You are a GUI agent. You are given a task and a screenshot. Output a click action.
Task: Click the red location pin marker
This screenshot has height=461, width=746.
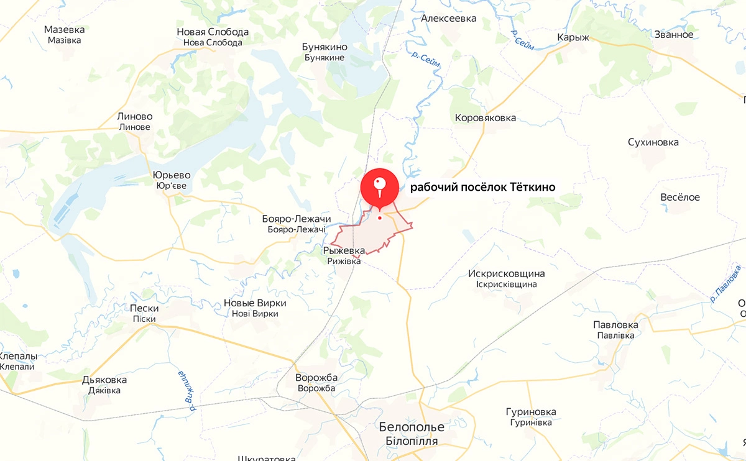pos(380,186)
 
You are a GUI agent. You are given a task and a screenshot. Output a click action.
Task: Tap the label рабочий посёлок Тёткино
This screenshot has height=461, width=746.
pos(482,187)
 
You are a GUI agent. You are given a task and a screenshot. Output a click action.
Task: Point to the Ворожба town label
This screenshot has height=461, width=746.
pos(316,378)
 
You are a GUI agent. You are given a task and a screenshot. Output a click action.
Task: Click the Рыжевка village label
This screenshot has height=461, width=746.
pos(344,250)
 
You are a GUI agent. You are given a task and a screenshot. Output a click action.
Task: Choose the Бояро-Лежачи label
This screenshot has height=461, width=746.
pos(297,219)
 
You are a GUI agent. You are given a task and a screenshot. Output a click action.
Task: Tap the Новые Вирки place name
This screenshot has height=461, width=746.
pos(255,303)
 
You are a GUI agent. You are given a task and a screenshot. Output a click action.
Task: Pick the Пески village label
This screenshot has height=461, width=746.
pos(144,308)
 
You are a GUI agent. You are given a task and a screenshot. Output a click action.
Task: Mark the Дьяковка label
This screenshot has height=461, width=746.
pos(104,380)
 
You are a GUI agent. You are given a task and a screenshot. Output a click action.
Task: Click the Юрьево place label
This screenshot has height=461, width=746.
pos(172,175)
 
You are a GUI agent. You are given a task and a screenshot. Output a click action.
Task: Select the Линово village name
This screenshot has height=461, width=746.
pos(135,116)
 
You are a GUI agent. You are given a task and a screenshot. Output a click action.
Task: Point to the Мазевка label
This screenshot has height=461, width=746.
pos(65,29)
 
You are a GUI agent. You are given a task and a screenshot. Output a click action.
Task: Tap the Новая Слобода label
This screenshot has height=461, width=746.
pos(213,32)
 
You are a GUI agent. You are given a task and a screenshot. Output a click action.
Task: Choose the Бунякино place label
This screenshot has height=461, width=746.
pos(325,47)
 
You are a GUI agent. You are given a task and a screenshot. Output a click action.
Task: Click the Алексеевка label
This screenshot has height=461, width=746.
pos(449,18)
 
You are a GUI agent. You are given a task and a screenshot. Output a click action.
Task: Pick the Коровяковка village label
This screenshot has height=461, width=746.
pos(486,117)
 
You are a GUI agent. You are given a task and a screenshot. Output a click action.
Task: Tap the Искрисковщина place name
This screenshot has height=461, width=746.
pos(506,273)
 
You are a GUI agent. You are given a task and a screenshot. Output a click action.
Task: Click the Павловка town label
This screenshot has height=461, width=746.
pos(615,325)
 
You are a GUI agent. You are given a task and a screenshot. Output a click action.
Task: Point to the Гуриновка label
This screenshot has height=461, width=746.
pos(531,412)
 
